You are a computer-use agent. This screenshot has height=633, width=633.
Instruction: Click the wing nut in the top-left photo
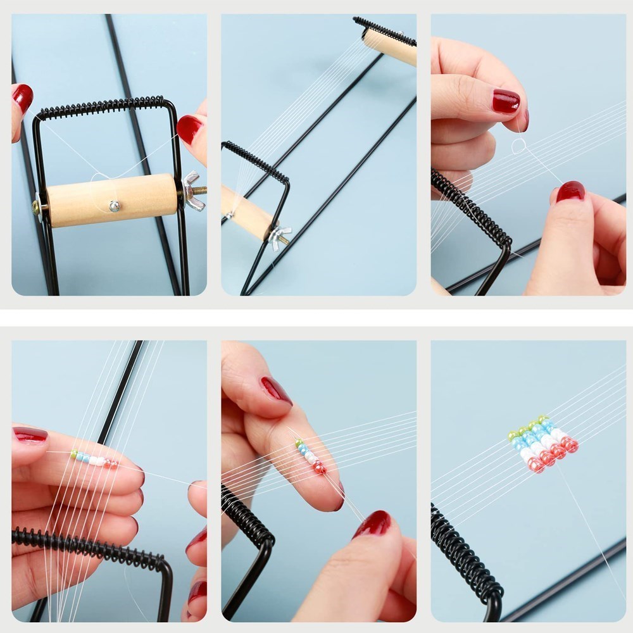(191, 190)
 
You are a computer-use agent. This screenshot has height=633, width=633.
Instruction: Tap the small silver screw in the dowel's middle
(114, 206)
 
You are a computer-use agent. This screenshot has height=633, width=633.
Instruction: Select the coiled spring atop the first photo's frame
(101, 108)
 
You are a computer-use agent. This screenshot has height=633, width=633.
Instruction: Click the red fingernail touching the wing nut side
(189, 128)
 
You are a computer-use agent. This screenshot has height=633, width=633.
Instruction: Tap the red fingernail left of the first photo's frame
(23, 97)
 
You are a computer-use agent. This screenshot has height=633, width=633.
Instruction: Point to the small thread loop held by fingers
(518, 146)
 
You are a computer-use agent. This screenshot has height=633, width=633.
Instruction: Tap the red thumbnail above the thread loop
(506, 101)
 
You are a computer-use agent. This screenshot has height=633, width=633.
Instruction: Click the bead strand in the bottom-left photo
(94, 459)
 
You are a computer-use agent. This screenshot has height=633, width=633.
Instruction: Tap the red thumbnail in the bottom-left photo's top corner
(30, 434)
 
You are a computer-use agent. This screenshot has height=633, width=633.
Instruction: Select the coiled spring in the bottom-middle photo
(247, 519)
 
